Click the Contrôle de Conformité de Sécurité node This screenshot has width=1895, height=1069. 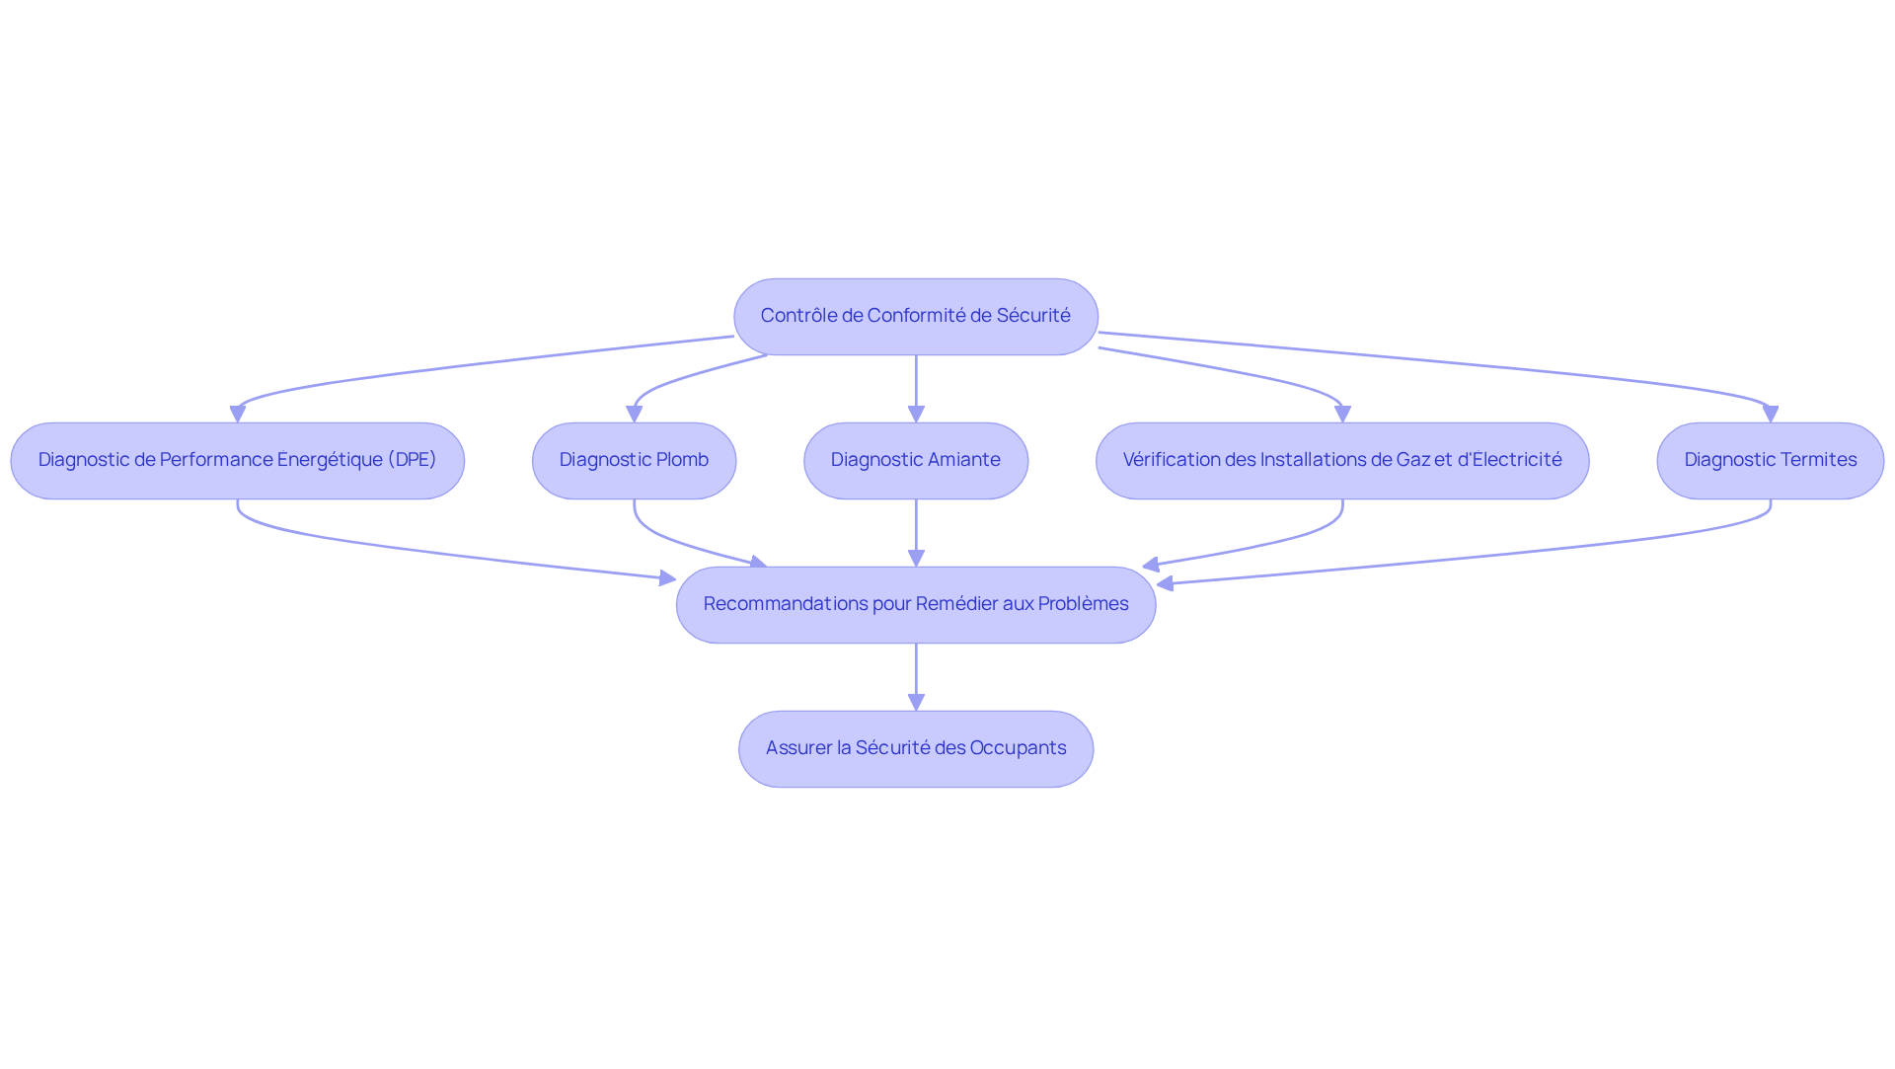pyautogui.click(x=915, y=317)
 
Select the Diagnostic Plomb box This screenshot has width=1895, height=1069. pyautogui.click(x=634, y=461)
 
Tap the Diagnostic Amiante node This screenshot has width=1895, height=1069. pyautogui.click(x=915, y=461)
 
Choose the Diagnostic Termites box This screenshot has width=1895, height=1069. pyautogui.click(x=1770, y=461)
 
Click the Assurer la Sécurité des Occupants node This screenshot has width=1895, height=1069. pyautogui.click(x=915, y=749)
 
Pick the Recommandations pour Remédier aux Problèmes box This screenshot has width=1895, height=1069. pyautogui.click(x=915, y=605)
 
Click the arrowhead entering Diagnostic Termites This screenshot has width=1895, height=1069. pyautogui.click(x=1770, y=415)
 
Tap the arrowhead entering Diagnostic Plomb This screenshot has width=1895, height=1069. pyautogui.click(x=634, y=415)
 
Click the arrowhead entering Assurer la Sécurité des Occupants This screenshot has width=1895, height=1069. pyautogui.click(x=916, y=702)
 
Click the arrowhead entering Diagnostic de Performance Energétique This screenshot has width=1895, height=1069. pyautogui.click(x=238, y=415)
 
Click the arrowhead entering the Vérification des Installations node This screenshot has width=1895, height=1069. pyautogui.click(x=1342, y=415)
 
